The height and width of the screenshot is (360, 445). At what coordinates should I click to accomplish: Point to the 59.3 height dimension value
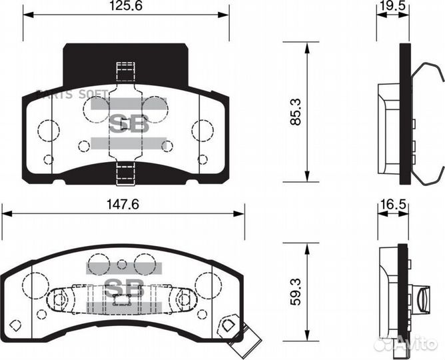pyautogui.click(x=295, y=291)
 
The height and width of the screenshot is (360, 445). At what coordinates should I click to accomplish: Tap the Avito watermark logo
pyautogui.click(x=408, y=343)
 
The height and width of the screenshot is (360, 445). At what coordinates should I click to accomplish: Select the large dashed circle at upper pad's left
pyautogui.click(x=47, y=130)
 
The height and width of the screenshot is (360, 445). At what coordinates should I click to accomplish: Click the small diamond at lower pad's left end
pyautogui.click(x=17, y=325)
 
